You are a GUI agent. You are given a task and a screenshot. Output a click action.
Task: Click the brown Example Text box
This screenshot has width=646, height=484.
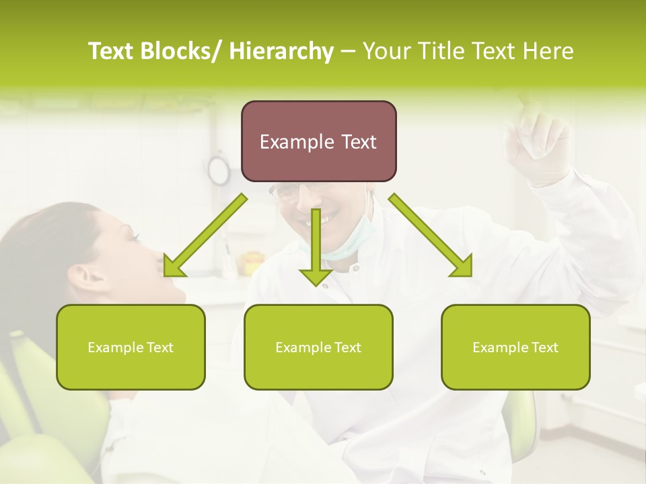(318, 141)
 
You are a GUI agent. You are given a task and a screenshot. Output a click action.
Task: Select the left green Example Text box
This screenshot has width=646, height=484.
(131, 347)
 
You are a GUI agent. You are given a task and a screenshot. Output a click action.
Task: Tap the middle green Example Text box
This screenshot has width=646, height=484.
(318, 347)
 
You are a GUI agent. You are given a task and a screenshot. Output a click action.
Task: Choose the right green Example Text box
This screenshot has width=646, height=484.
(515, 347)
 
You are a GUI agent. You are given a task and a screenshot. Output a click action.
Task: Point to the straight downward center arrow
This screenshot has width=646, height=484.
(316, 249)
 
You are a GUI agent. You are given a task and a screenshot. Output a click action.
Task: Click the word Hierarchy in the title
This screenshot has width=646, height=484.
(281, 51)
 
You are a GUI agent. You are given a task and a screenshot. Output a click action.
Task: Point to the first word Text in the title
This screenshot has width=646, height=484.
(111, 51)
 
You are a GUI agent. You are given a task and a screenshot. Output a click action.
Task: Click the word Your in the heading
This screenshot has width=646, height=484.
(387, 51)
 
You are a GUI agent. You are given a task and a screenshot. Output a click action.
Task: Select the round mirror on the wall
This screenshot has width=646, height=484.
(219, 169)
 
